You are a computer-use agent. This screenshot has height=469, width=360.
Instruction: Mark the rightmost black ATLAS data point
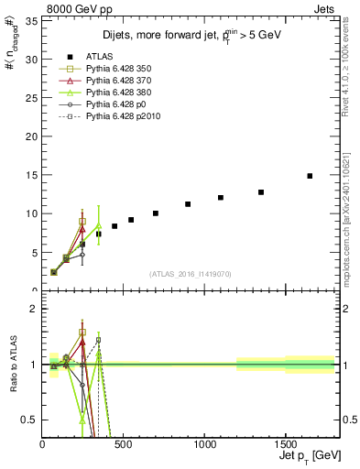point(310,176)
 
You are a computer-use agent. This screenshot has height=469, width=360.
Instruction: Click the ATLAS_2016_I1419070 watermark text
point(191,274)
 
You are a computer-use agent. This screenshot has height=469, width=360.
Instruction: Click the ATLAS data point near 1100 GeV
point(221,197)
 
